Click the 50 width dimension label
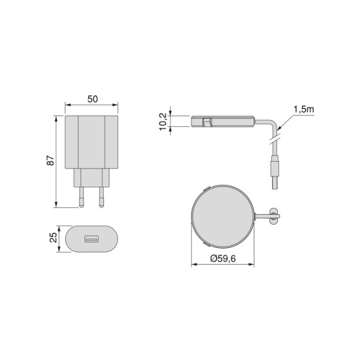tap(92, 99)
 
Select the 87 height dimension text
tap(50, 161)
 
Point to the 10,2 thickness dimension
tap(163, 121)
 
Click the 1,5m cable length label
tap(303, 109)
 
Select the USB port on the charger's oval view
tap(91, 238)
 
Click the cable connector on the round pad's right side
tap(271, 215)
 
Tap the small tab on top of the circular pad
tap(207, 188)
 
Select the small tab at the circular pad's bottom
tap(207, 243)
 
